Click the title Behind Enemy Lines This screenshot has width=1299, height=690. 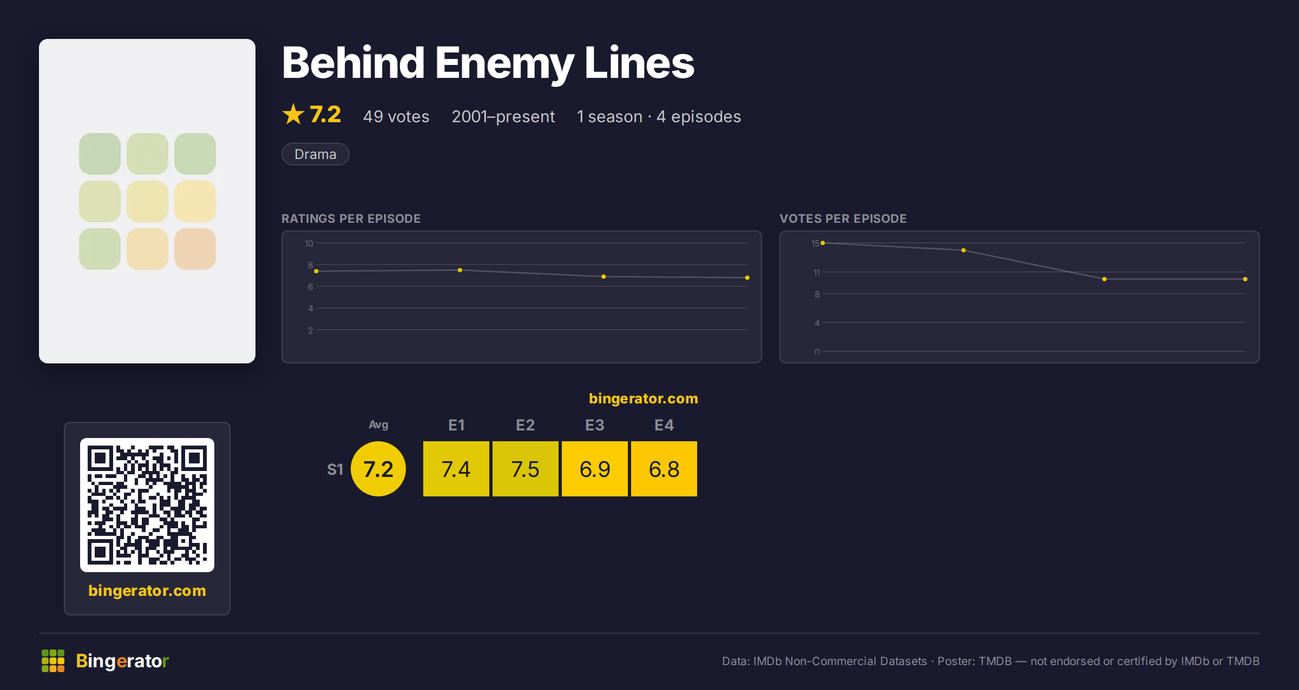(488, 64)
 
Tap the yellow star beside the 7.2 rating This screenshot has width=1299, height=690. (293, 114)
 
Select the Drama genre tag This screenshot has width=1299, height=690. (315, 154)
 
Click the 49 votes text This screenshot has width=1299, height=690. (396, 116)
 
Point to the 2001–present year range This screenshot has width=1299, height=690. (503, 116)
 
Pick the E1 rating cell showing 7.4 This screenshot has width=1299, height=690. (456, 469)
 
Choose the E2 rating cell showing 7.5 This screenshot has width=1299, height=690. (526, 469)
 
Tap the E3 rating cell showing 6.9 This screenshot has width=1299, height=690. (595, 469)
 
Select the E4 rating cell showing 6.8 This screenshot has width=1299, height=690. (664, 469)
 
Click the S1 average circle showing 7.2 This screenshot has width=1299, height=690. (378, 469)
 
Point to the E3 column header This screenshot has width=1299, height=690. (595, 425)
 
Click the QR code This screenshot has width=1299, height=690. (147, 505)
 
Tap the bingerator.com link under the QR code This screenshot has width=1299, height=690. (147, 591)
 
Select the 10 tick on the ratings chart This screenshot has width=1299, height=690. (309, 243)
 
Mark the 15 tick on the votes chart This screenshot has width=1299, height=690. (815, 243)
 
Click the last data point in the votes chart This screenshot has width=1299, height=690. (1245, 279)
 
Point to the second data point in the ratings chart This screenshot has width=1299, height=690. (460, 270)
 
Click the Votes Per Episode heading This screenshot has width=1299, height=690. (843, 218)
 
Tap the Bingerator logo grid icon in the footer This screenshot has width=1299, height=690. (53, 661)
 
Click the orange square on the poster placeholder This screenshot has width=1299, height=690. (195, 249)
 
